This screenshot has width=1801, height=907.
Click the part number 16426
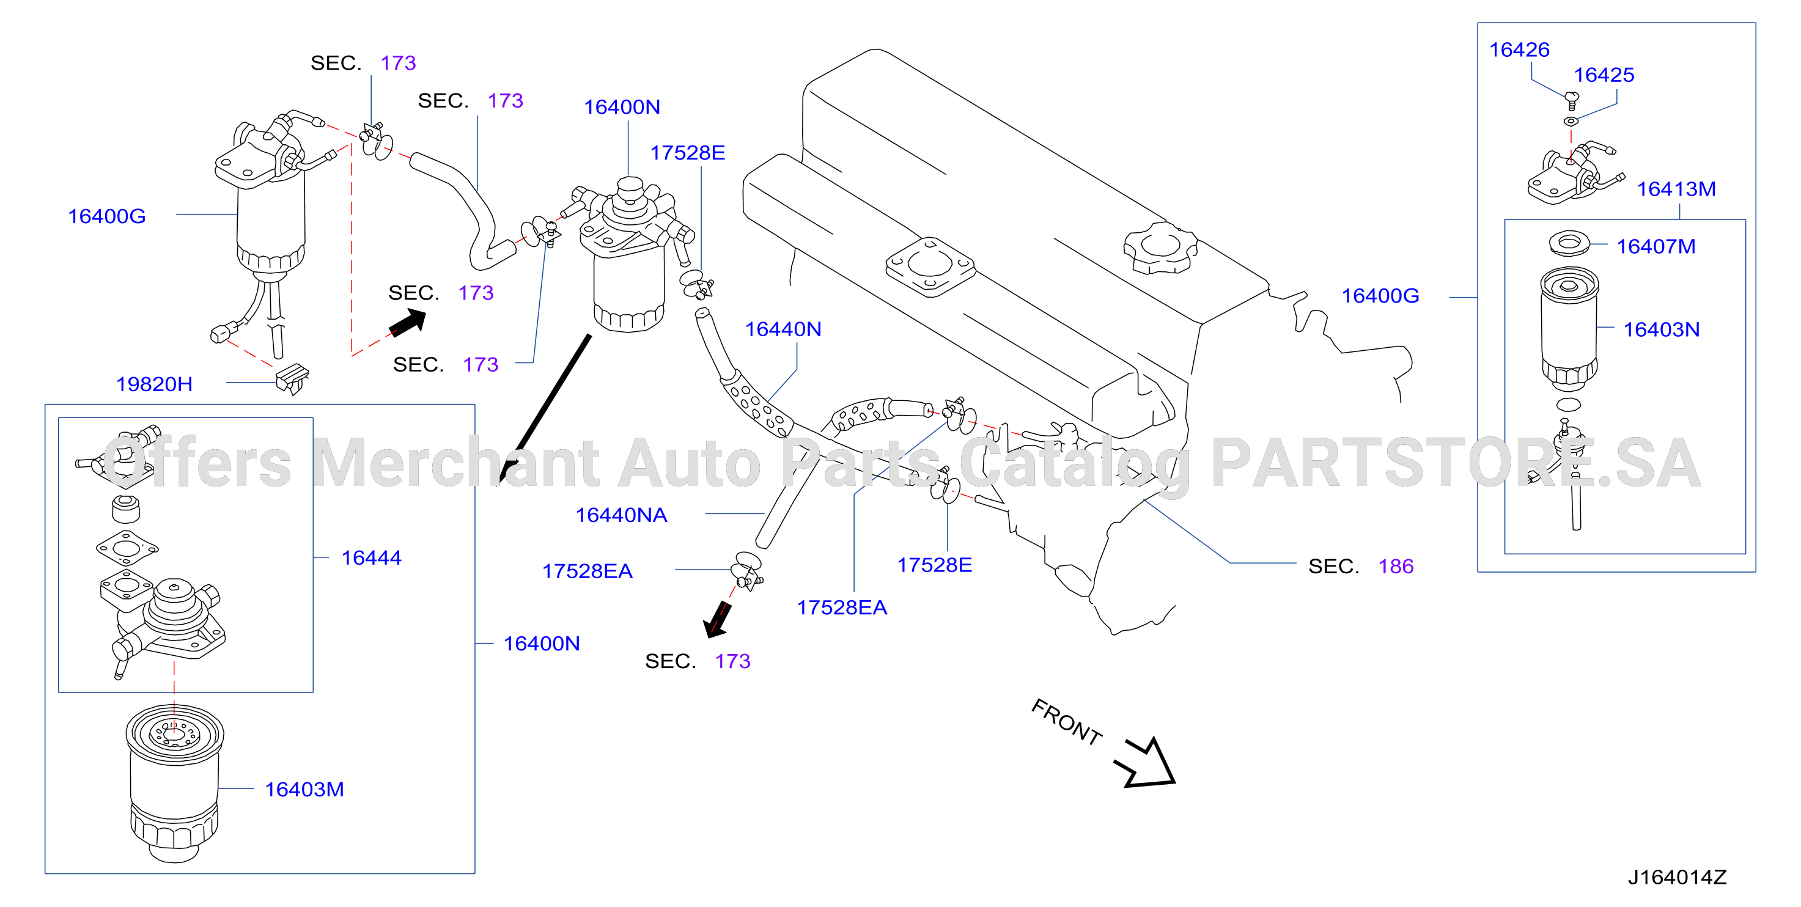[x=1519, y=50]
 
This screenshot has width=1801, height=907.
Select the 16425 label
[x=1603, y=75]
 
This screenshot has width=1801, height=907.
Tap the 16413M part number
[x=1676, y=189]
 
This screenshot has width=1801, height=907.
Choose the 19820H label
[x=154, y=384]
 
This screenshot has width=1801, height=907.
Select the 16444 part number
[x=371, y=557]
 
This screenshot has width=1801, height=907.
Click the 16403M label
[x=304, y=789]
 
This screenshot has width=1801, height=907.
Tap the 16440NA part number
[x=621, y=515]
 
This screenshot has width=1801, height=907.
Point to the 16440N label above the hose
[x=783, y=329]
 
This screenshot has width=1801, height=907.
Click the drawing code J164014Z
[x=1676, y=877]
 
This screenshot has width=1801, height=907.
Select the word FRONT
[x=1066, y=722]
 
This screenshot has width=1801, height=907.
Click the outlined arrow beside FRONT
[x=1147, y=763]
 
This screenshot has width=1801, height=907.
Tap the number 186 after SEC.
[x=1396, y=566]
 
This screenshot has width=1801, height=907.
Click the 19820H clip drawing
[x=292, y=379]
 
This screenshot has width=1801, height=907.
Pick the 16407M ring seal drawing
[x=1569, y=243]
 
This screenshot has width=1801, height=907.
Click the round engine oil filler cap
[x=1160, y=247]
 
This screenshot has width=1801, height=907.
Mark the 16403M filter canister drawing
[x=175, y=782]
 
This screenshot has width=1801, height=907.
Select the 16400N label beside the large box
[x=541, y=644]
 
